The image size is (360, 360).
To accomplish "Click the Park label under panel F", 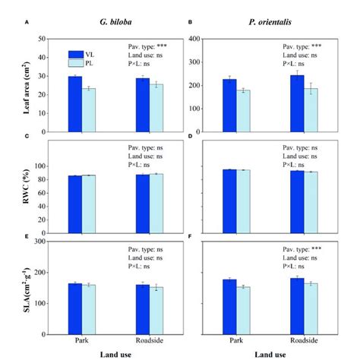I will [x=236, y=340].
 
